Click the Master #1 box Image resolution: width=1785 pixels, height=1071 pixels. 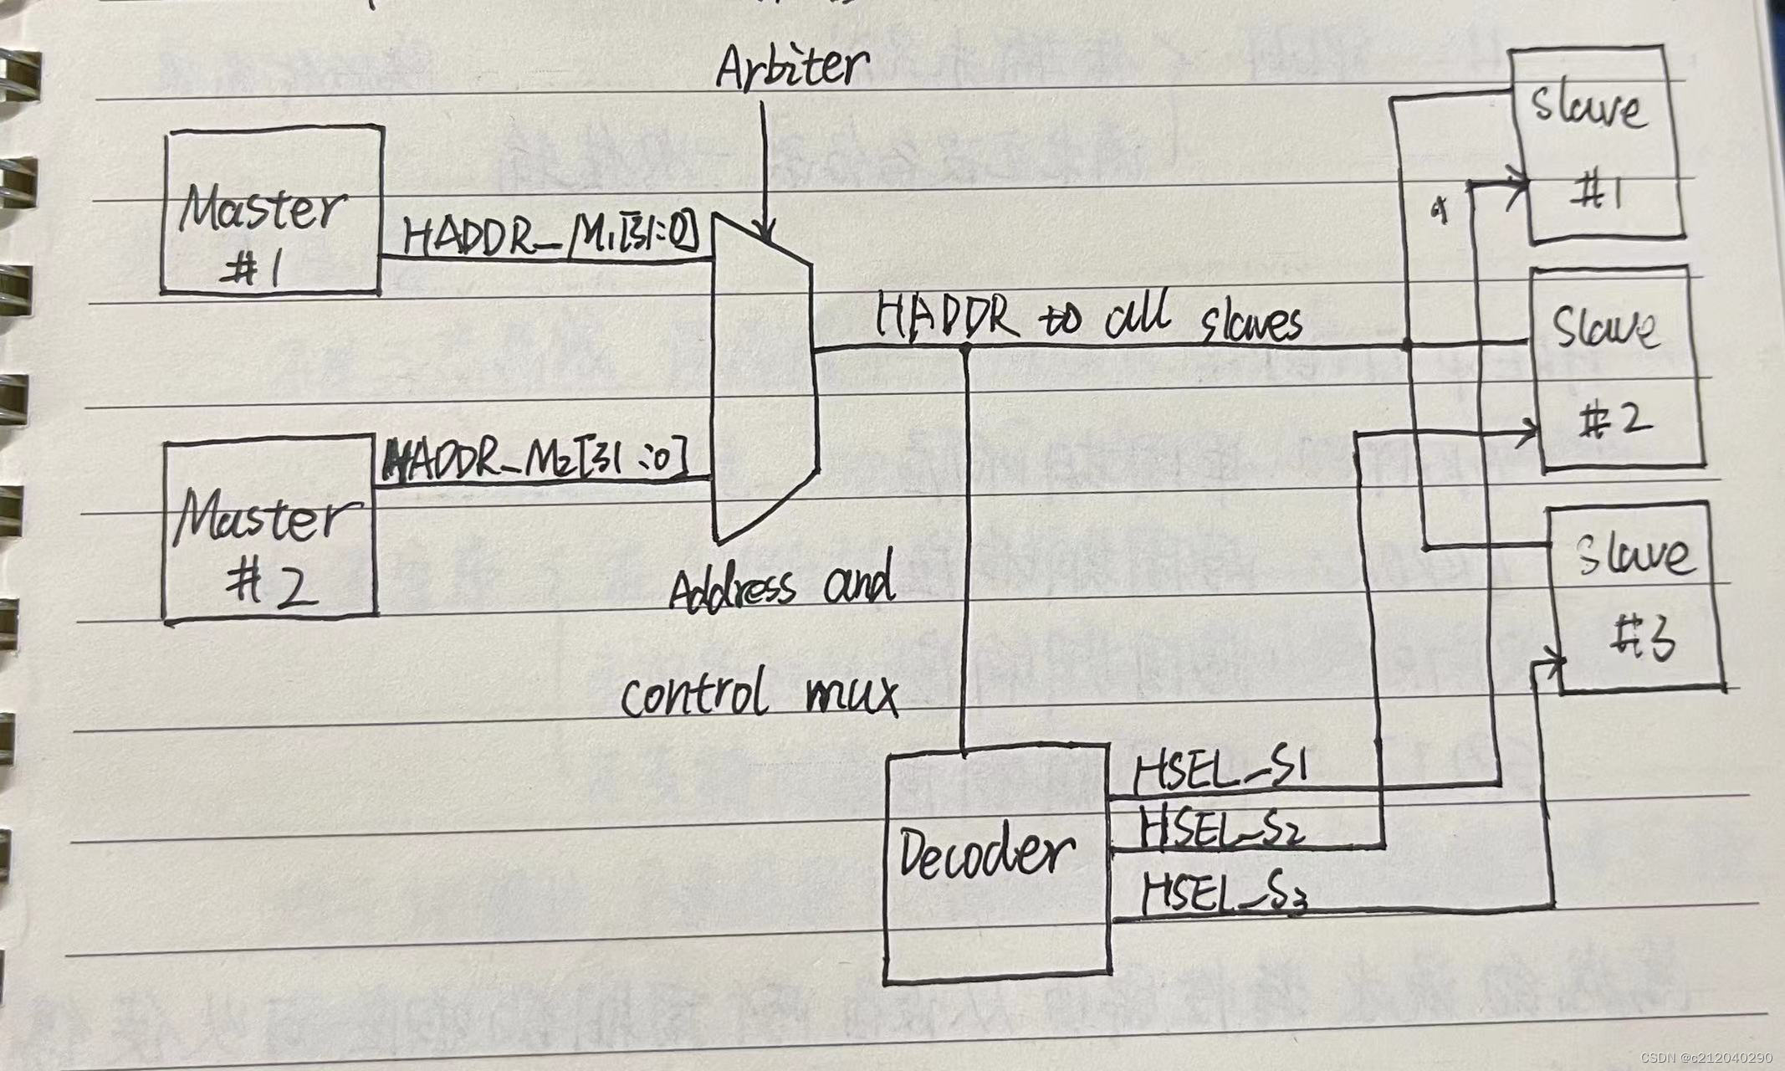coord(272,209)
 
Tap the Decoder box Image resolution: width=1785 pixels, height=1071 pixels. coord(997,866)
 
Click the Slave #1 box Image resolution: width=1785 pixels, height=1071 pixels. coord(1593,146)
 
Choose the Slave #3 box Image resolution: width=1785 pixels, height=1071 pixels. coord(1635,598)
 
